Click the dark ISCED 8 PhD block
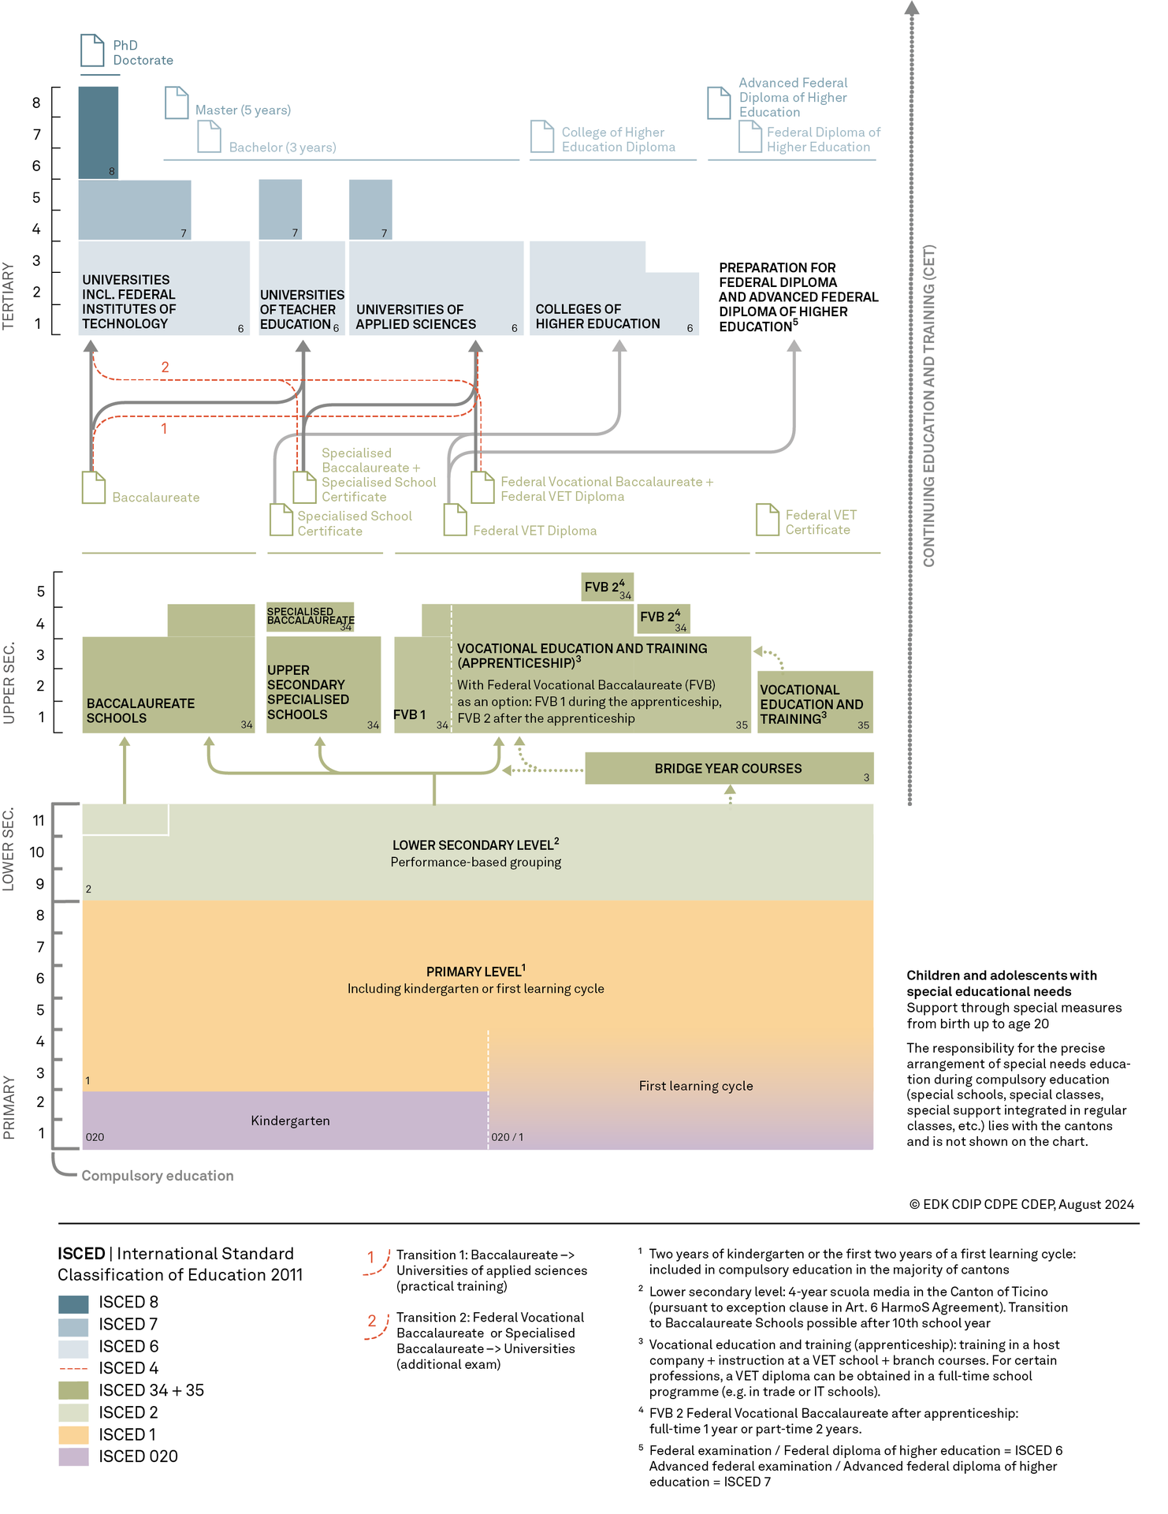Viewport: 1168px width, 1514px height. [99, 132]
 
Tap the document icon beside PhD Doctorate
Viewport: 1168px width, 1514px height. [92, 50]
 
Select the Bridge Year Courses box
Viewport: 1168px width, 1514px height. [729, 768]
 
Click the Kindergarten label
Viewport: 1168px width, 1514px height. [290, 1121]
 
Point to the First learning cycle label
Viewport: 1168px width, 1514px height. [696, 1086]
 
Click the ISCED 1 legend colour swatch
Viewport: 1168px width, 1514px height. [73, 1434]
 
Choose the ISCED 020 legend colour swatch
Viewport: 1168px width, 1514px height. [73, 1456]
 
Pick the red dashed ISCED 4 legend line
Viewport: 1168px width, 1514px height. [73, 1368]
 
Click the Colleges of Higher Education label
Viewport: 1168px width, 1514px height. [597, 316]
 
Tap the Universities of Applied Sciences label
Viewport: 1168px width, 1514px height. [416, 317]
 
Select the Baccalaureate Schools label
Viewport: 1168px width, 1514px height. [140, 710]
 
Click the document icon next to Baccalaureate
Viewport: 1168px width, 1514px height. [94, 487]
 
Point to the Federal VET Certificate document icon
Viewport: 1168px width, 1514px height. [768, 520]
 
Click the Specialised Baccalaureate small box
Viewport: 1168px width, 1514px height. [311, 618]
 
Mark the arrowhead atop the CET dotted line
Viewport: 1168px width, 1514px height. [912, 8]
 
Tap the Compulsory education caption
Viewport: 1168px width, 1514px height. [158, 1176]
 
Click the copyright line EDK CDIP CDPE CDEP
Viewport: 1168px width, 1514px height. [1022, 1204]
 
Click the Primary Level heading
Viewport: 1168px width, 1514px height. [476, 971]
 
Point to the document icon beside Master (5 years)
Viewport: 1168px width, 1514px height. [177, 103]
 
